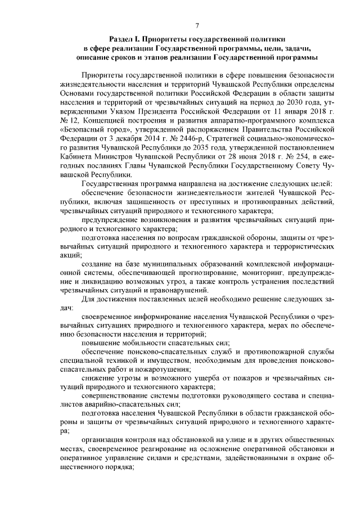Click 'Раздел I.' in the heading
point(125,41)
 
